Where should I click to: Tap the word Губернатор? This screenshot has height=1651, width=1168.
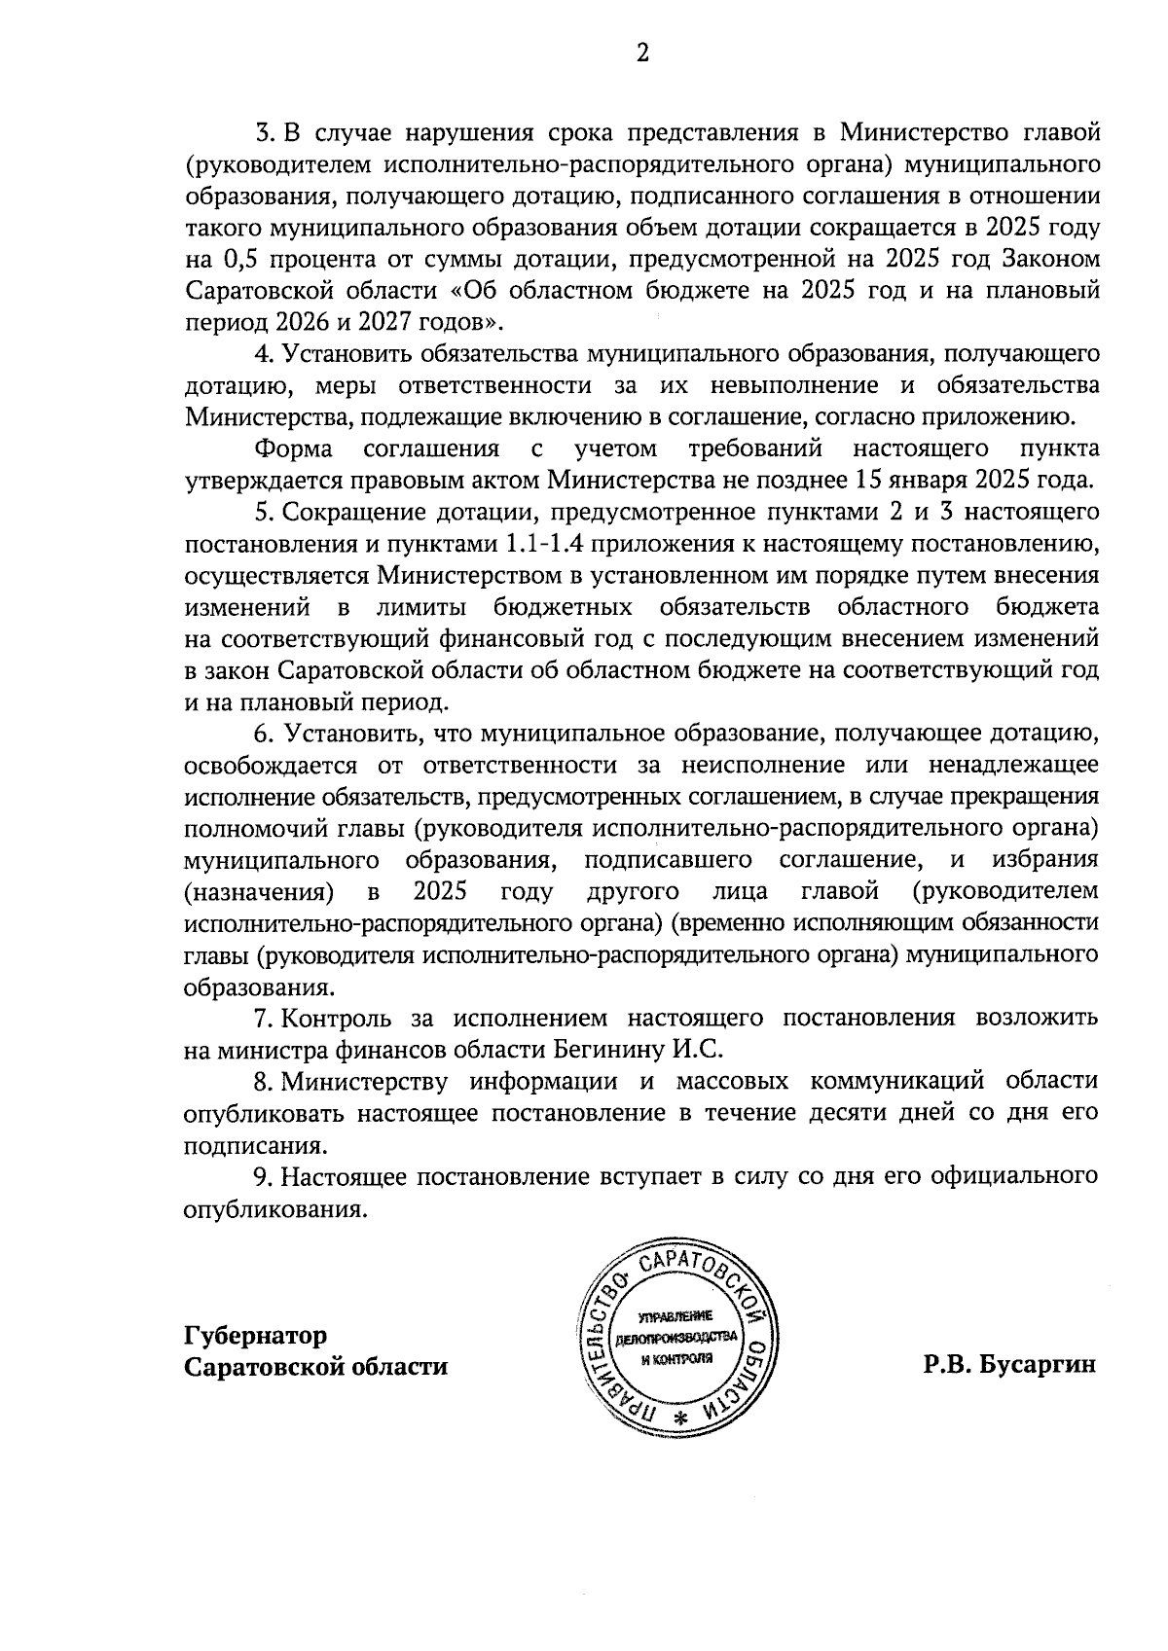256,1334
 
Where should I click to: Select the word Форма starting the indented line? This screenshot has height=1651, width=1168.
294,449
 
